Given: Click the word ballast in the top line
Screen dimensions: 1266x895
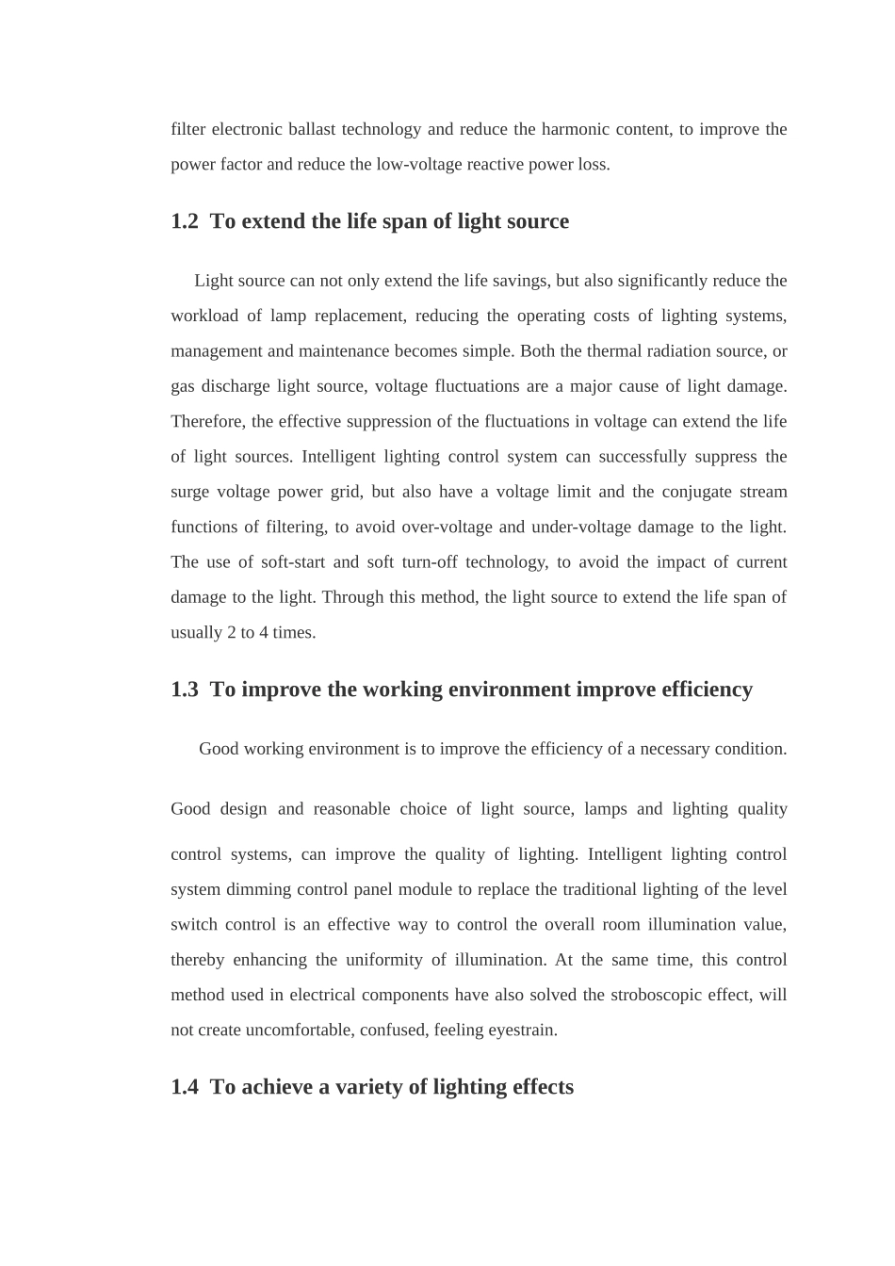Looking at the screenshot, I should [x=311, y=129].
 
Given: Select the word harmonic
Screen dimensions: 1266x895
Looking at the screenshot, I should [x=575, y=129].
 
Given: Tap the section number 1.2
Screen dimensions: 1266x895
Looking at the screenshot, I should [x=185, y=221].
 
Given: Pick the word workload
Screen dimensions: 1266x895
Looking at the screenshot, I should [x=204, y=316].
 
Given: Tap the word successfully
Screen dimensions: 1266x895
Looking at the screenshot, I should [x=643, y=457].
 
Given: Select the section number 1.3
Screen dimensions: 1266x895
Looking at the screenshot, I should [x=185, y=690].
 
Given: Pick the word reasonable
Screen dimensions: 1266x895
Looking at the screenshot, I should [x=351, y=809].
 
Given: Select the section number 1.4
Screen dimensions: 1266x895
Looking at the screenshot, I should [x=185, y=1087].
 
